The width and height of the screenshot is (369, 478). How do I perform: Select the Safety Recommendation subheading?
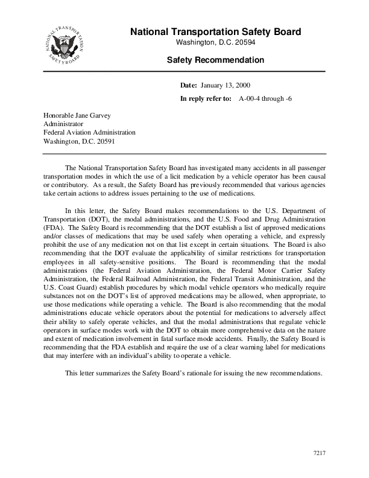click(215, 60)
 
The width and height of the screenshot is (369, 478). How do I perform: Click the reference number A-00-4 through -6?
click(266, 98)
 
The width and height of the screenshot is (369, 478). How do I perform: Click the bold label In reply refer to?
click(206, 98)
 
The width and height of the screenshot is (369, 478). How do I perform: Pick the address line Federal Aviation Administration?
click(89, 133)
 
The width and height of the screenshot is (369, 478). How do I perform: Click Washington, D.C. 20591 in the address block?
click(79, 142)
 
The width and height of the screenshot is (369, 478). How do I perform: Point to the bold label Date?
click(189, 86)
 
